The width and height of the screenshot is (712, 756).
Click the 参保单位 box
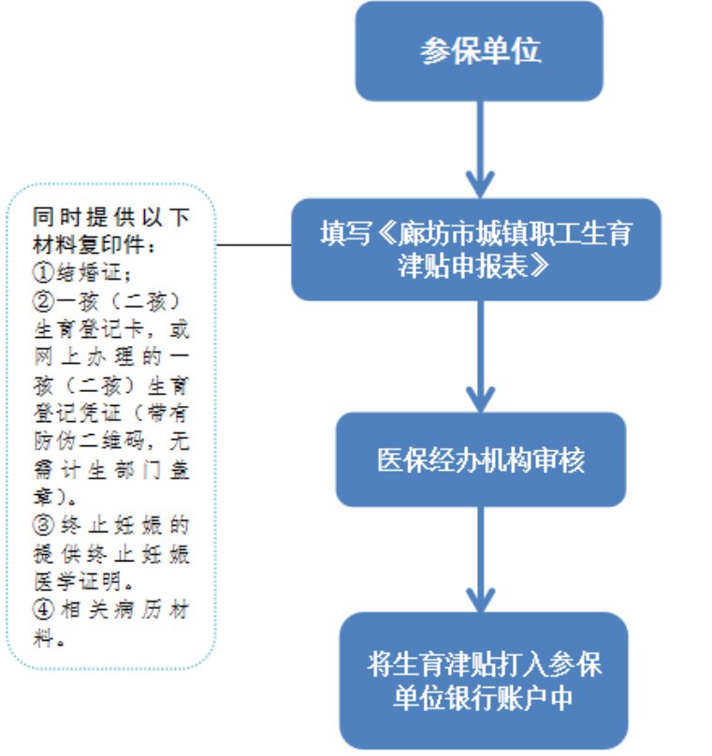tap(479, 51)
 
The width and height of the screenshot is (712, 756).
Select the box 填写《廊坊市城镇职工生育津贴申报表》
tap(479, 248)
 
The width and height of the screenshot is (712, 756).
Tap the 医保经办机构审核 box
tap(479, 460)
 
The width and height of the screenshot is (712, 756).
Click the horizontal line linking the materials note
tap(253, 245)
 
